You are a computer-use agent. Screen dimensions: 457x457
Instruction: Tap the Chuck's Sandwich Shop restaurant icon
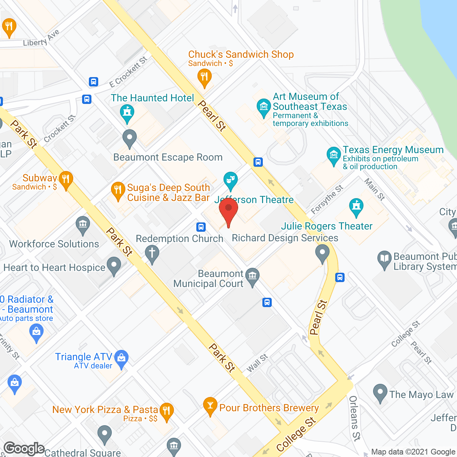(204, 76)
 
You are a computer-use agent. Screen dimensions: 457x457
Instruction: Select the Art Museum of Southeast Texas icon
(263, 106)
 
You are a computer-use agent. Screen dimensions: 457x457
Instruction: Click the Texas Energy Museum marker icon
(333, 155)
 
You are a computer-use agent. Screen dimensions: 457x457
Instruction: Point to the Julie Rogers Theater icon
(356, 206)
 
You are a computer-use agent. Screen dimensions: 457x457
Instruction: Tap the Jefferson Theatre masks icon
(230, 180)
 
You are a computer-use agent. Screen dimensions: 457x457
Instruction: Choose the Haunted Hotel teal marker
(127, 112)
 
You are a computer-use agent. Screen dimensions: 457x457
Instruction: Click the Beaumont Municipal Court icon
(252, 276)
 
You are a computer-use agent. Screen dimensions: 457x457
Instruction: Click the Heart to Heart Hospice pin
(114, 265)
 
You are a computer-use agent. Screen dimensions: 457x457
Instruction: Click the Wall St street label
(257, 363)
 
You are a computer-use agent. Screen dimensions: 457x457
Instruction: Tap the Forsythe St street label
(327, 200)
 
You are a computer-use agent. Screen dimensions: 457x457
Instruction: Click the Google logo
(24, 448)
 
